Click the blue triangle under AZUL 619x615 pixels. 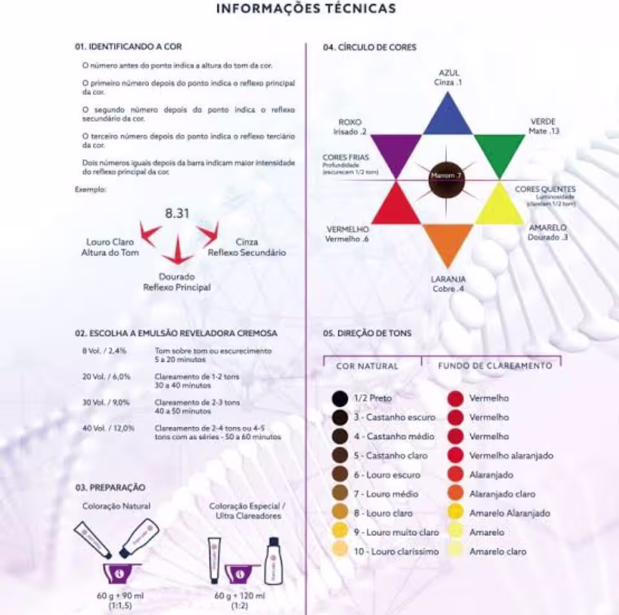point(448,119)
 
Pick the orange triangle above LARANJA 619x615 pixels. point(448,240)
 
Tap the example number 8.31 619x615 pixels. point(177,213)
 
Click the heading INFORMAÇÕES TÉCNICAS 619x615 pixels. point(306,8)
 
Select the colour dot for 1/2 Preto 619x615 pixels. point(340,398)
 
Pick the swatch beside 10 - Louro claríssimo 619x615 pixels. point(340,551)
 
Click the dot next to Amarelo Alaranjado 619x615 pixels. point(455,513)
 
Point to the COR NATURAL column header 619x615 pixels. point(367,366)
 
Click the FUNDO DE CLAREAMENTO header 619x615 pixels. point(495,366)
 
